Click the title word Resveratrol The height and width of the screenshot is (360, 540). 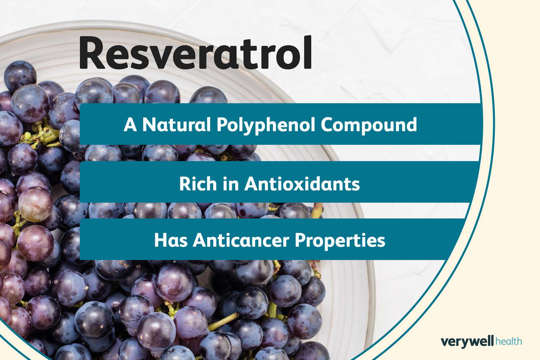195,53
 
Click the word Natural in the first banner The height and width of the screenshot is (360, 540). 176,125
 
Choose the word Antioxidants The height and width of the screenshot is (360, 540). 302,184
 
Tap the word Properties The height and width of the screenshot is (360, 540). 340,241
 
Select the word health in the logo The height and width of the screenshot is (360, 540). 508,341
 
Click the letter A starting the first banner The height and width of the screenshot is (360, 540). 130,125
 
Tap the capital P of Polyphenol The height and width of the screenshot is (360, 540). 222,125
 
